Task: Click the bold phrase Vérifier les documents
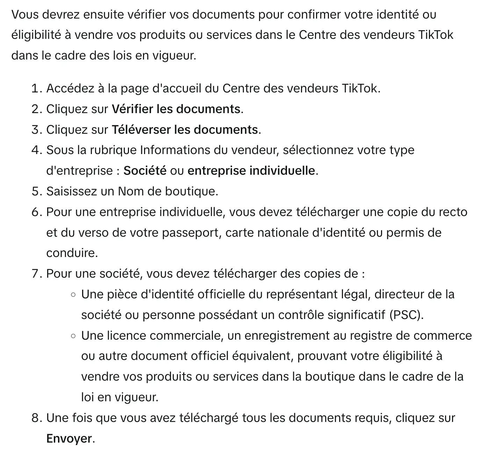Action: point(176,109)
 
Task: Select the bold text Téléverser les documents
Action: point(185,130)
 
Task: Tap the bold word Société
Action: point(145,171)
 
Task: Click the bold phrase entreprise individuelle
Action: point(251,171)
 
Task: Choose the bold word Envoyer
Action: point(69,438)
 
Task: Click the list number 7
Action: point(36,274)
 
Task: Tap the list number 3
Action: point(36,130)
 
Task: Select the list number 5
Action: point(36,192)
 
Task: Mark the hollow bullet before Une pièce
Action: point(73,295)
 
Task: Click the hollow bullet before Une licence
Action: point(73,336)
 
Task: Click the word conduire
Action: point(72,253)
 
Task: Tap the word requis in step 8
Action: point(372,418)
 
